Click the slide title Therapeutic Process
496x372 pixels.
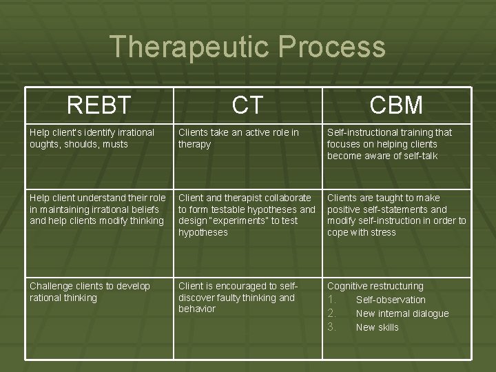[247, 47]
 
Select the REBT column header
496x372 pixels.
[99, 105]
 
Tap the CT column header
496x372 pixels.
[247, 105]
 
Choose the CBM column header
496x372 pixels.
[396, 105]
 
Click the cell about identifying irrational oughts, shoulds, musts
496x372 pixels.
[92, 138]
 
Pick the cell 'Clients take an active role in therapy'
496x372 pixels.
[238, 138]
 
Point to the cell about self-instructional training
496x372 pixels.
[390, 144]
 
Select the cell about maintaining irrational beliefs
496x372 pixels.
[97, 209]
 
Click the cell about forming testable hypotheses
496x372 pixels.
[247, 215]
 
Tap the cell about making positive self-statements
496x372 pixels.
[396, 215]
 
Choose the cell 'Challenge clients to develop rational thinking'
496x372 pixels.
[90, 291]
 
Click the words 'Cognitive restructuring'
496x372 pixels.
[375, 286]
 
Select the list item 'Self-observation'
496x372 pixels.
[391, 300]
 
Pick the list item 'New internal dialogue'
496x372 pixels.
[402, 313]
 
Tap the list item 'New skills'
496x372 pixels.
[377, 327]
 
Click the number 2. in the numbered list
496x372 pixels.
[332, 313]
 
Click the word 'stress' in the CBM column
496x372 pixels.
[382, 233]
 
